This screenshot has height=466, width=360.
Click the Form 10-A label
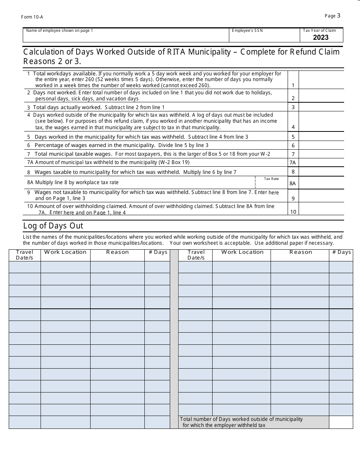click(x=30, y=17)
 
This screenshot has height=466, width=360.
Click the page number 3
click(x=338, y=16)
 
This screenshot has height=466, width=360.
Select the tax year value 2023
click(x=321, y=37)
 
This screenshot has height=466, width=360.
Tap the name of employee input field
click(x=126, y=37)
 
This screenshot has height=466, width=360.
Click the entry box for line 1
click(x=321, y=80)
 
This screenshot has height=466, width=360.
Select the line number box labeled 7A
click(x=293, y=163)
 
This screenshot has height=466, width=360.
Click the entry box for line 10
click(x=321, y=209)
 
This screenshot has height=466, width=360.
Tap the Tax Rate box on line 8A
click(x=271, y=183)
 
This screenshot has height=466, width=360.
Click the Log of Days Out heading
click(x=53, y=226)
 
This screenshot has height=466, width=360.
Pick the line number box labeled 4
click(x=293, y=121)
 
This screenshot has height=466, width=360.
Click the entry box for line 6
click(x=321, y=145)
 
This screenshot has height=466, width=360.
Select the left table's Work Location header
click(x=65, y=252)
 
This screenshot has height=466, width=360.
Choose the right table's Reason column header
click(x=301, y=252)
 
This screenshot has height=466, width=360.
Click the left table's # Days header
click(x=158, y=252)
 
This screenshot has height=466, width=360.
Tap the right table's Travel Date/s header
click(x=196, y=255)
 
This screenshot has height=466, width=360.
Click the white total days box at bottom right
click(x=341, y=422)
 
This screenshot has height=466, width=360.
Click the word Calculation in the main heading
click(x=45, y=52)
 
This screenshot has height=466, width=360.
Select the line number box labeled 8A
click(x=293, y=183)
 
